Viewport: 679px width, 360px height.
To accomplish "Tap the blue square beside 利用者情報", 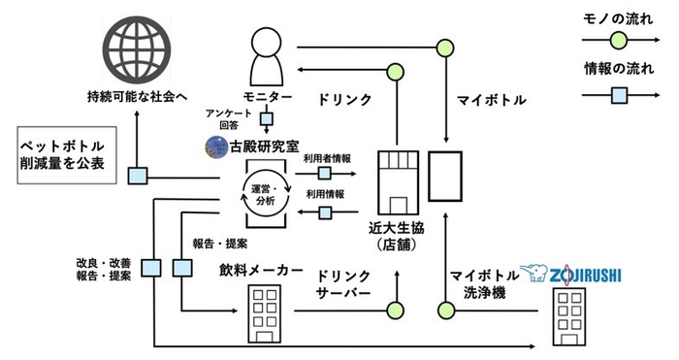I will click(x=325, y=172).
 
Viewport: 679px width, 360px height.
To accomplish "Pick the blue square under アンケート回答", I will click(x=266, y=119).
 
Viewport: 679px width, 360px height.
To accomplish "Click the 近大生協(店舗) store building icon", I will click(x=396, y=180).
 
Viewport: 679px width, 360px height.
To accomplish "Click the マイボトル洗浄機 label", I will click(x=478, y=280).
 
